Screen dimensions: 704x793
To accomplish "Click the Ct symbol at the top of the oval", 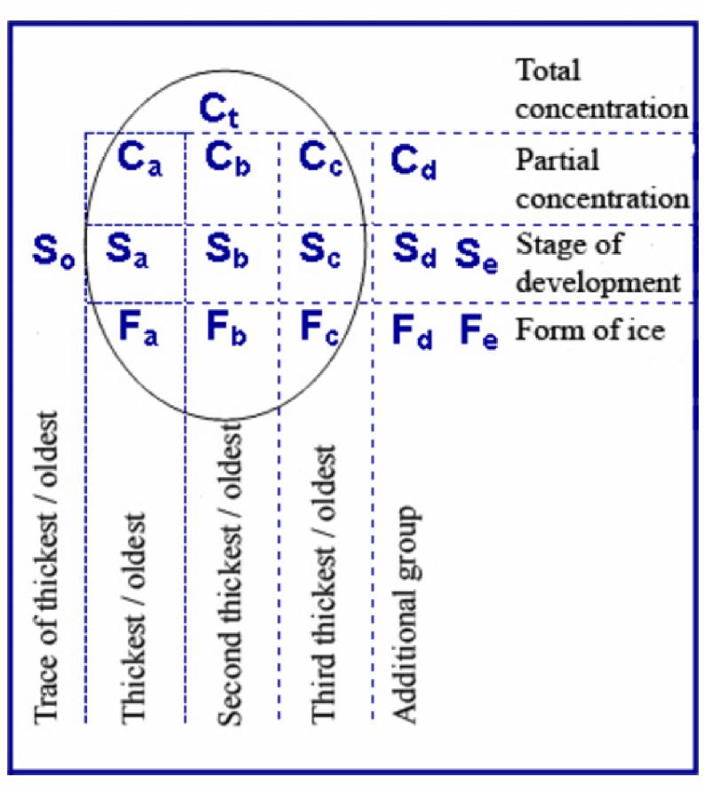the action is (x=219, y=110).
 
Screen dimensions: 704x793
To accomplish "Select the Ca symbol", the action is (x=139, y=159).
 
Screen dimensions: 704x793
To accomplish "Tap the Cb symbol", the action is (x=227, y=159).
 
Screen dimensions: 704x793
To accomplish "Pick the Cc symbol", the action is (x=320, y=159).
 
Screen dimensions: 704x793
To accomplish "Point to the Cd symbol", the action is (x=414, y=162).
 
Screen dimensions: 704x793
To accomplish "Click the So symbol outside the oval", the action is (x=53, y=251).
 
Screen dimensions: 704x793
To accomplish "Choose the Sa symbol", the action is (x=127, y=250).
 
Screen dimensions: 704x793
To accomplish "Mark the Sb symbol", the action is (x=227, y=250).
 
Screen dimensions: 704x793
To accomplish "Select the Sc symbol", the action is (x=320, y=250).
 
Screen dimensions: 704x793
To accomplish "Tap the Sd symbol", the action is (x=415, y=250).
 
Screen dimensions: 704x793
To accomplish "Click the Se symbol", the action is (x=477, y=256).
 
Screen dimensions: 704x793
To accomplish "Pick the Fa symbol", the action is (x=138, y=329).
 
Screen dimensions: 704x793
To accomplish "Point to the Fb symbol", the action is (x=226, y=329).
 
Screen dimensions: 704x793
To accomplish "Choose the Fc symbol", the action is (x=319, y=329).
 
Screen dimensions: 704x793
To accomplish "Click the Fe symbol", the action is (x=479, y=332).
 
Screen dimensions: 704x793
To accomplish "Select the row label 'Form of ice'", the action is (x=590, y=330).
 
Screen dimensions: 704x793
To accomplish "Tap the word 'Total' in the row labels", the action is (x=548, y=70).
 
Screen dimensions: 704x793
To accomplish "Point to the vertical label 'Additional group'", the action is (x=406, y=614).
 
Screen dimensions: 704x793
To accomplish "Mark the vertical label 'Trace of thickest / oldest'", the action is (x=46, y=568).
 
